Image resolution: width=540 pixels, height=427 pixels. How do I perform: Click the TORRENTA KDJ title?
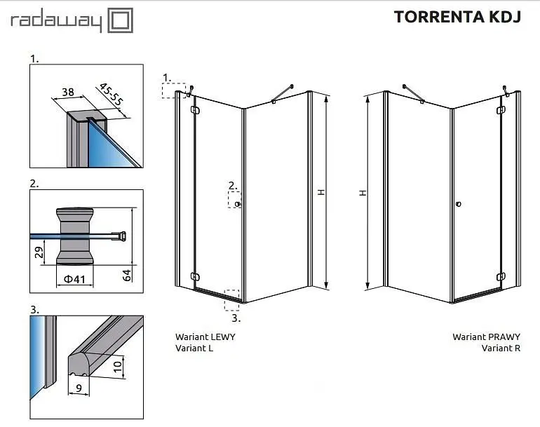pyautogui.click(x=457, y=17)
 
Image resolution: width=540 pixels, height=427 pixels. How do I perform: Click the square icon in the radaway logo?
pyautogui.click(x=120, y=20)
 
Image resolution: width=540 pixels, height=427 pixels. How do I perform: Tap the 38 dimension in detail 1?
pyautogui.click(x=68, y=92)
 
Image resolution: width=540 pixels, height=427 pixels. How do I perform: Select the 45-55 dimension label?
pyautogui.click(x=111, y=95)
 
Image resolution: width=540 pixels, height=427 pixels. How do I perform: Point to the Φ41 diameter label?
pyautogui.click(x=75, y=279)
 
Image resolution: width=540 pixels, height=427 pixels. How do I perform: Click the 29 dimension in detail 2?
pyautogui.click(x=39, y=252)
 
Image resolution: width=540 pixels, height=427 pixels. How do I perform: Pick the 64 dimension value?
pyautogui.click(x=127, y=275)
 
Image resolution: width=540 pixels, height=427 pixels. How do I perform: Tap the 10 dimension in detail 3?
pyautogui.click(x=118, y=367)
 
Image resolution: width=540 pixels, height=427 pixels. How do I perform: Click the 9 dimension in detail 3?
pyautogui.click(x=79, y=388)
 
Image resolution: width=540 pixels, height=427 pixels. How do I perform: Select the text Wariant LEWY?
pyautogui.click(x=205, y=337)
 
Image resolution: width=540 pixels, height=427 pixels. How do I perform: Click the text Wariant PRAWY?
pyautogui.click(x=486, y=337)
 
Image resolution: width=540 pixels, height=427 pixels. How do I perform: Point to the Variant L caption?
pyautogui.click(x=194, y=348)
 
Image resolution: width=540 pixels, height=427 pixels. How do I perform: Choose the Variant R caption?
pyautogui.click(x=501, y=348)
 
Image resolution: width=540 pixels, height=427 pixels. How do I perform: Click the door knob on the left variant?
pyautogui.click(x=237, y=204)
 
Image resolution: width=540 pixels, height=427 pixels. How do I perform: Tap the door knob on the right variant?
pyautogui.click(x=459, y=204)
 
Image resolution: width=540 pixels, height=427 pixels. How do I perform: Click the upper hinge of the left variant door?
pyautogui.click(x=195, y=110)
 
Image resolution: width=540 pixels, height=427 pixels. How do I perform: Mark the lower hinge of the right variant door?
pyautogui.click(x=501, y=276)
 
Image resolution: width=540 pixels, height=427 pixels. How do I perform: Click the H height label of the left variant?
pyautogui.click(x=321, y=192)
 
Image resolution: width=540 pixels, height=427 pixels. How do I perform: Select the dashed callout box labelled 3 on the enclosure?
pyautogui.click(x=231, y=300)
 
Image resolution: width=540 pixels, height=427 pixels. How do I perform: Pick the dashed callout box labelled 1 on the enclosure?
pyautogui.click(x=174, y=91)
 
